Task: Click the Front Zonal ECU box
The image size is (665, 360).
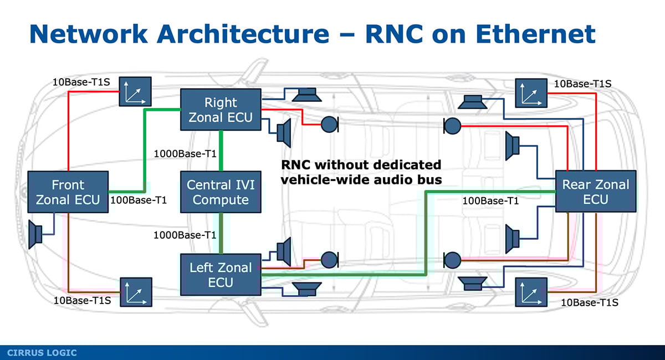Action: click(x=68, y=192)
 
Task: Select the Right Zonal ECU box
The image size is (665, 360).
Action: click(x=221, y=110)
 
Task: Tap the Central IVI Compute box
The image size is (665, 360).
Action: click(x=221, y=192)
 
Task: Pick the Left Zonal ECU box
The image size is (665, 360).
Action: click(x=221, y=275)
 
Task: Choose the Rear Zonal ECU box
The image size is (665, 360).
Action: click(x=596, y=192)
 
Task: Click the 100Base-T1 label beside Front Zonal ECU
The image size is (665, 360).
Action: click(x=139, y=200)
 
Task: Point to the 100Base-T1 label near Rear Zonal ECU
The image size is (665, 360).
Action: click(x=490, y=200)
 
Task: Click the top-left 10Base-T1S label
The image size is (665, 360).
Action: click(x=81, y=82)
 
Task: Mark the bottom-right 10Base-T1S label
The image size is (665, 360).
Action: click(x=589, y=302)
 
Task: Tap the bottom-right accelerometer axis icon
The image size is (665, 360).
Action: click(x=531, y=292)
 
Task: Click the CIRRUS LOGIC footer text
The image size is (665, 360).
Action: click(x=42, y=353)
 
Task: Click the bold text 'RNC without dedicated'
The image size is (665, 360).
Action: click(x=361, y=164)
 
